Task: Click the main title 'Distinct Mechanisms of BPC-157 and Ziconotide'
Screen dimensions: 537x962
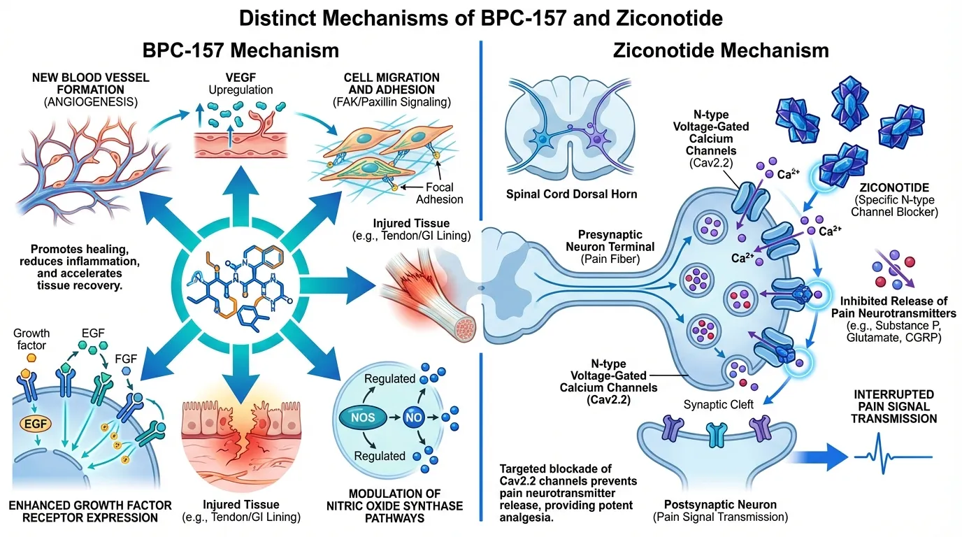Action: click(481, 17)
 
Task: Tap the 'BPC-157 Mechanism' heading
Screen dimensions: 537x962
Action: click(240, 50)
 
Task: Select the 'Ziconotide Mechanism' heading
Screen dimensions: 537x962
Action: click(721, 50)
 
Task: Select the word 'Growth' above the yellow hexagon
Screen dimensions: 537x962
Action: click(32, 332)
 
